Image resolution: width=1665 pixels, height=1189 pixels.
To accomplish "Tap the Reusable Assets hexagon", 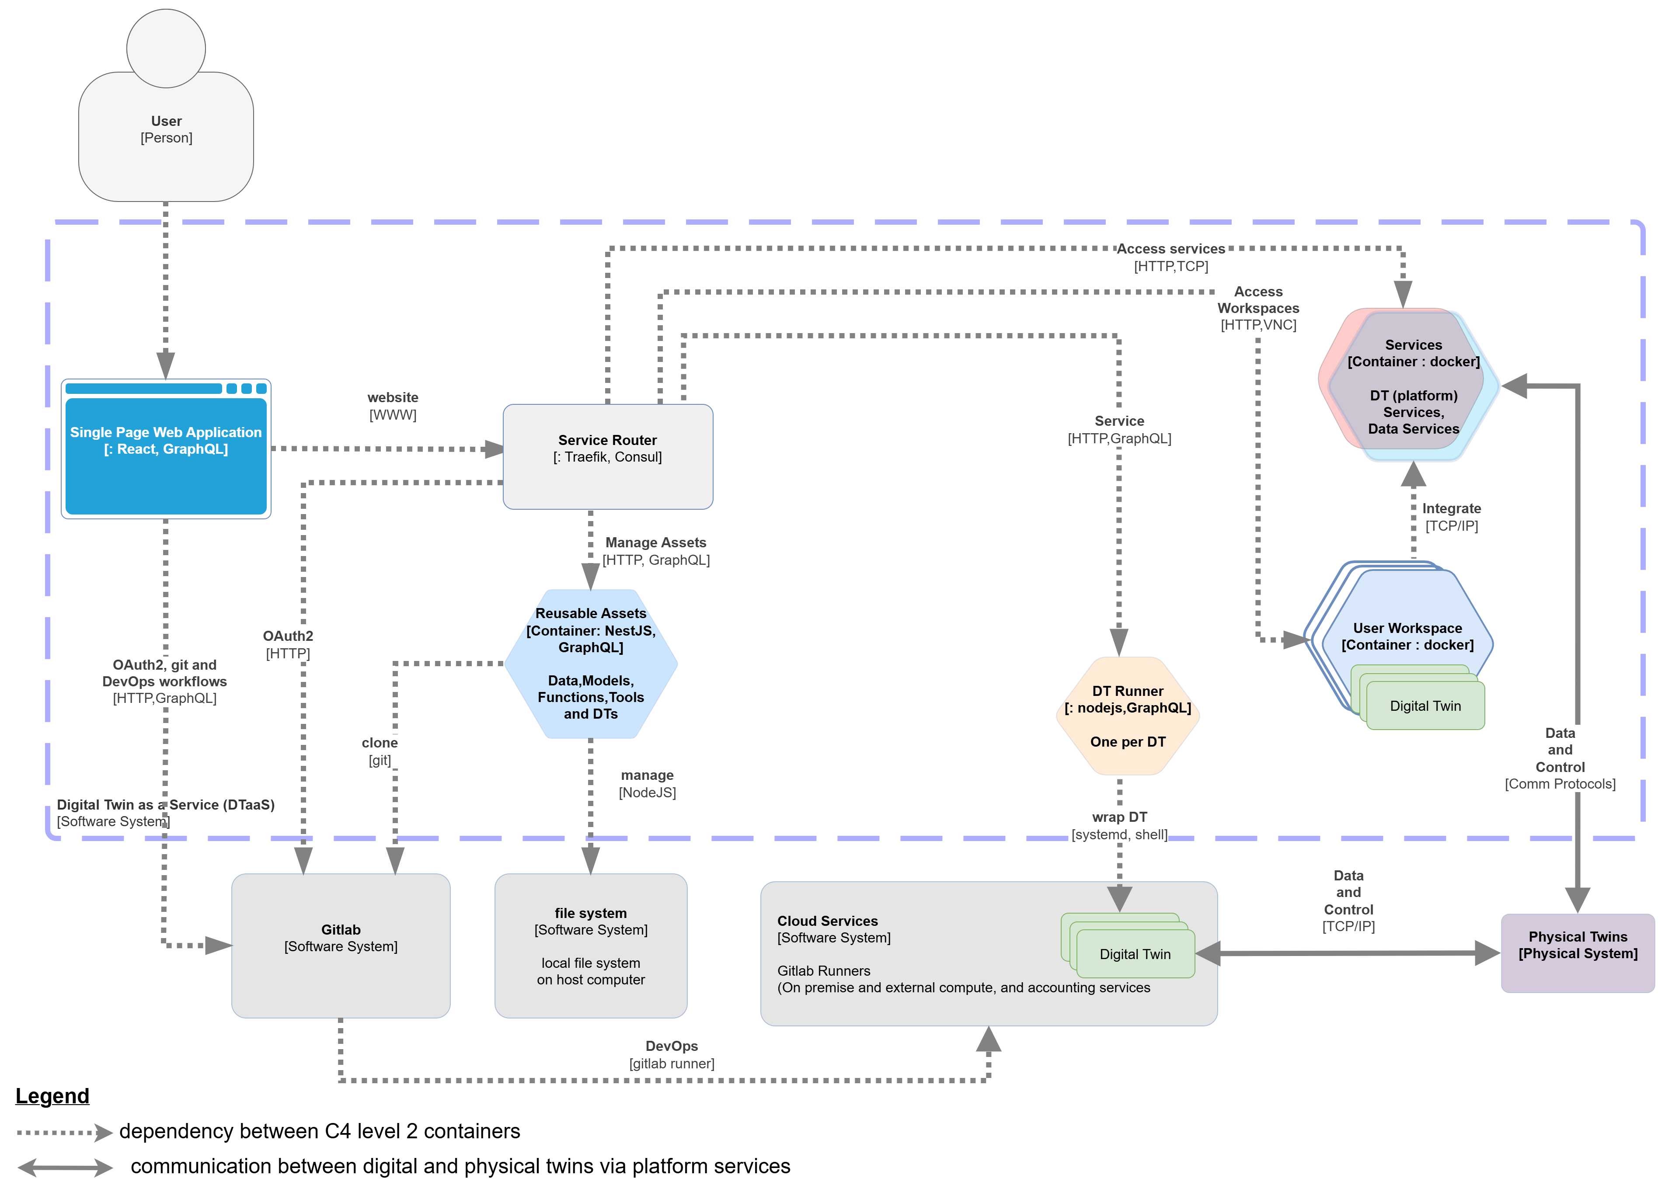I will (590, 663).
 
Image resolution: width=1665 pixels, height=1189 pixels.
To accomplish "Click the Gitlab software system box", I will (341, 945).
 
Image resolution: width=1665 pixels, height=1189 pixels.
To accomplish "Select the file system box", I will (590, 945).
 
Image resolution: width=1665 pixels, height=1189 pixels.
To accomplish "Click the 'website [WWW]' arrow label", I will (393, 406).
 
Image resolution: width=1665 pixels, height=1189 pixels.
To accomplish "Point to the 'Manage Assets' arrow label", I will (655, 542).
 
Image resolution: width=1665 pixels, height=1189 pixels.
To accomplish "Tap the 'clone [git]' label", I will (379, 751).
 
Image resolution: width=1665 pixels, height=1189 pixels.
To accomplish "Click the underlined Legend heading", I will (52, 1096).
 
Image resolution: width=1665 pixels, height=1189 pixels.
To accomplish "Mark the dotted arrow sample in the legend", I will (64, 1133).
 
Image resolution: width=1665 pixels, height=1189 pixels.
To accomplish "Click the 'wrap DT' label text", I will (1119, 817).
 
